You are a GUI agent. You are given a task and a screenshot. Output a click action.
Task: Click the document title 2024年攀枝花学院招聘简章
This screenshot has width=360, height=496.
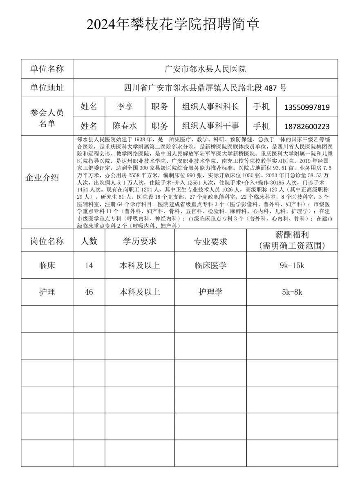click(173, 24)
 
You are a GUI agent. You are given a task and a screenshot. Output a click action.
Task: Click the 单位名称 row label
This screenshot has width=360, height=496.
click(47, 69)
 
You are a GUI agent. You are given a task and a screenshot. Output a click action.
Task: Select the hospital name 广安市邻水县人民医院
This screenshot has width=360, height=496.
click(205, 69)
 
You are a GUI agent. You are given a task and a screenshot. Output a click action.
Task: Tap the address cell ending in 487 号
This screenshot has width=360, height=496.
click(205, 88)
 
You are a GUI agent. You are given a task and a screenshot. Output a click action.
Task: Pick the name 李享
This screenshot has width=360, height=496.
click(125, 107)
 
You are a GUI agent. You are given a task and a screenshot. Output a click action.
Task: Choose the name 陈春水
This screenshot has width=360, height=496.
click(125, 126)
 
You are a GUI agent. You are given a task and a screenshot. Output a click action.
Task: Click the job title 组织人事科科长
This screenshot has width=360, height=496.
click(210, 107)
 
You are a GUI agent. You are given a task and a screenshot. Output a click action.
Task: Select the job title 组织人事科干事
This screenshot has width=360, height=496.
click(210, 126)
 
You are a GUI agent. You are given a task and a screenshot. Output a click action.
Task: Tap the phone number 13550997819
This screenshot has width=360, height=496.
click(307, 107)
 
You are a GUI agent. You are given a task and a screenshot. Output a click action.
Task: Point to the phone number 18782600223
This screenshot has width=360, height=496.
click(307, 127)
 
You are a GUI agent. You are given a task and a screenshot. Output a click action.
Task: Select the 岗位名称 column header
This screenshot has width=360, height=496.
click(47, 241)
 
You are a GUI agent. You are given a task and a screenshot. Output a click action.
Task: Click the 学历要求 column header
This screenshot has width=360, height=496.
click(140, 241)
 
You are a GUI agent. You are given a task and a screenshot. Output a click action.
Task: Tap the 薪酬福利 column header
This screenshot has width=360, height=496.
click(292, 240)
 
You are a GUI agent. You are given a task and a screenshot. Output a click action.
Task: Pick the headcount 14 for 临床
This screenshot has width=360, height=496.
click(89, 265)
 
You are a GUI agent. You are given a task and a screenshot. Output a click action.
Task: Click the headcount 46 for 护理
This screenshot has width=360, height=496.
click(89, 292)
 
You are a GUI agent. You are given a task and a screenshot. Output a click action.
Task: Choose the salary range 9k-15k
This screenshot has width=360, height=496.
click(292, 265)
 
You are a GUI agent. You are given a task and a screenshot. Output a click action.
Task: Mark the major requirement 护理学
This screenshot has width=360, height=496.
click(210, 292)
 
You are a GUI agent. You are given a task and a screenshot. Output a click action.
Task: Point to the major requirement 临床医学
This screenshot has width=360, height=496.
click(210, 265)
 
